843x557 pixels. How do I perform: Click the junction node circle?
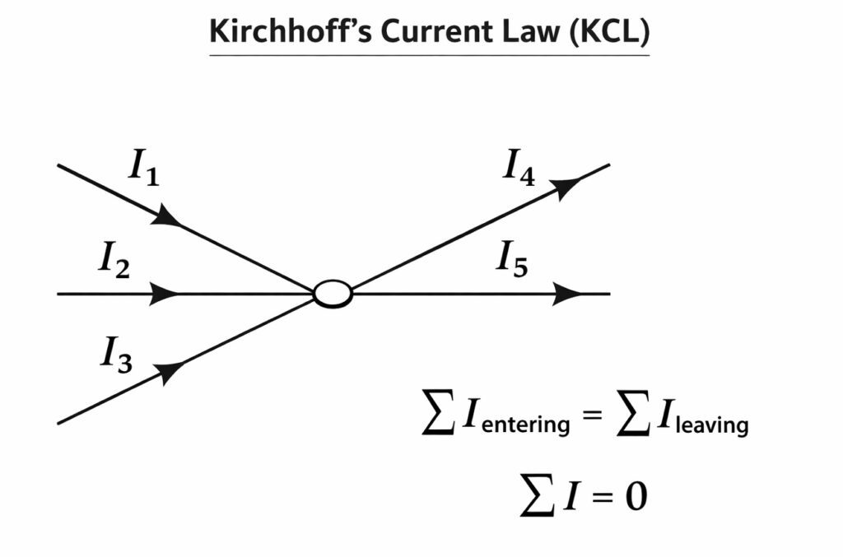pos(333,294)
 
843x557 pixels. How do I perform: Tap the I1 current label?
pos(142,168)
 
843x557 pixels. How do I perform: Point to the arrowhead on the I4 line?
pos(566,187)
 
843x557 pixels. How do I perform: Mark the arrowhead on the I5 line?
pos(568,294)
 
